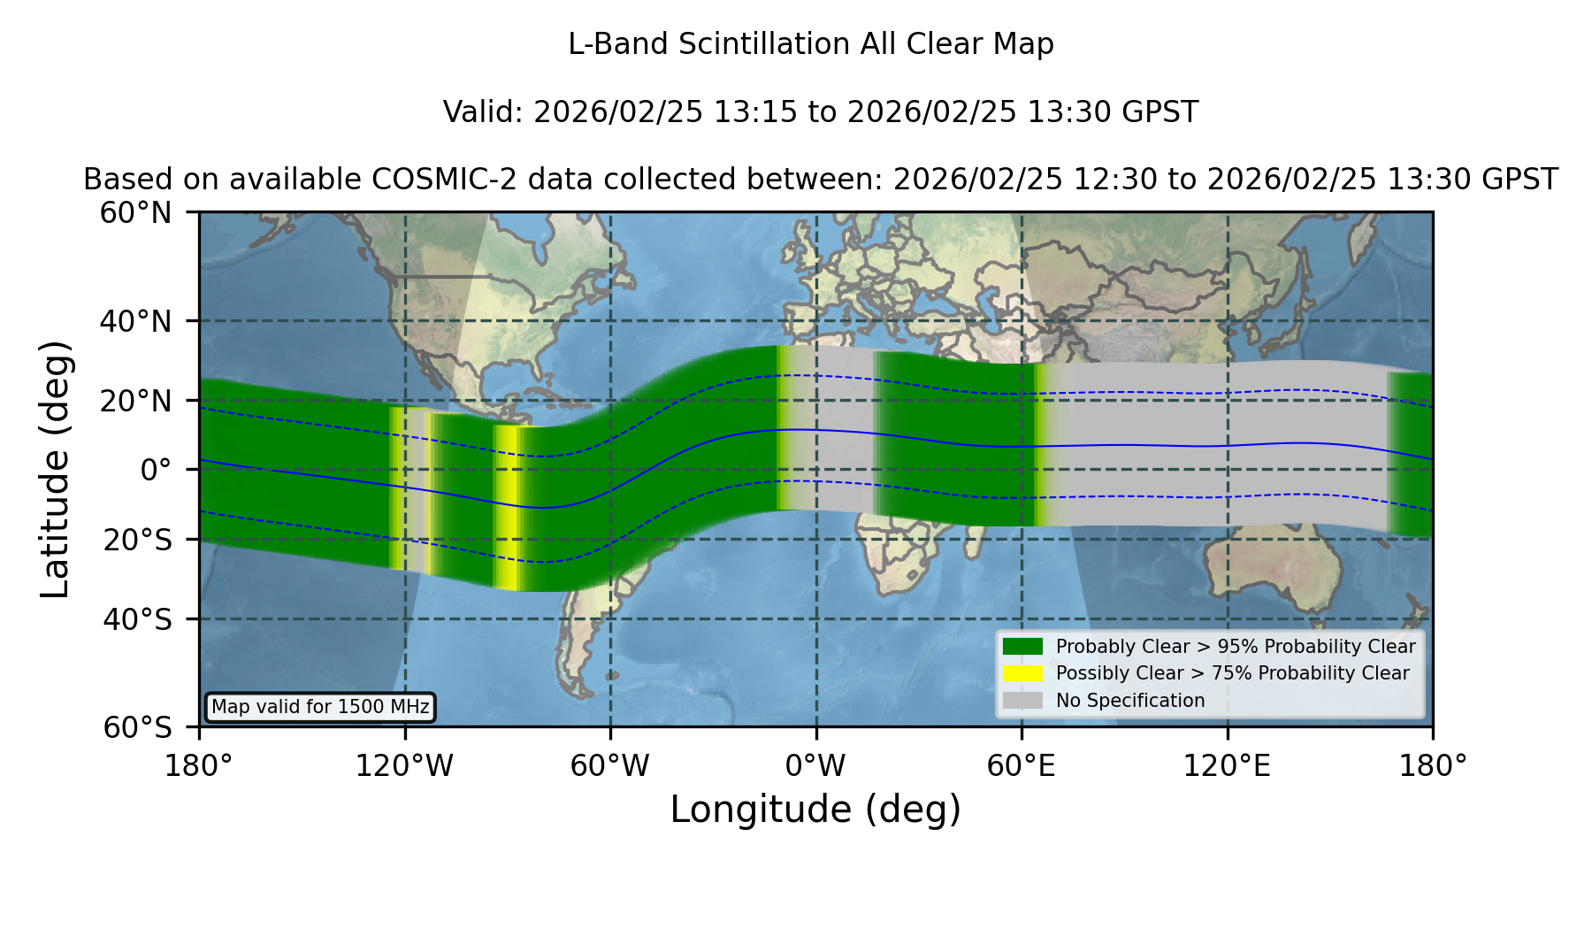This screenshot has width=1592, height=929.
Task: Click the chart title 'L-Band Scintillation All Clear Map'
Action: (x=810, y=44)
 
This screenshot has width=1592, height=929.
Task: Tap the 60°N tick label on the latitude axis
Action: (x=135, y=213)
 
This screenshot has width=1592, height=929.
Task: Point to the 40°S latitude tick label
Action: (x=137, y=619)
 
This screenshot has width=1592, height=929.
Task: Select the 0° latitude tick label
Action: (x=156, y=470)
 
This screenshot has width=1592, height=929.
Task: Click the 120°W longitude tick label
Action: (x=404, y=765)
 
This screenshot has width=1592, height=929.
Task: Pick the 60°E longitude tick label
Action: (x=1022, y=765)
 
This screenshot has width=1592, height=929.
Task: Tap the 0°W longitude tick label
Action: (x=816, y=765)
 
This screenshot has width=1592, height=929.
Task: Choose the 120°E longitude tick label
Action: (x=1227, y=765)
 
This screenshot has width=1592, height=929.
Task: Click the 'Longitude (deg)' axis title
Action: (x=815, y=810)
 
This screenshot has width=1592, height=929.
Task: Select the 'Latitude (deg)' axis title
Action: (x=55, y=469)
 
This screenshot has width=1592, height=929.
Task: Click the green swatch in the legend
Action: (x=1023, y=646)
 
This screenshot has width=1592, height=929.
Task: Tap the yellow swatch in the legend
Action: (x=1023, y=672)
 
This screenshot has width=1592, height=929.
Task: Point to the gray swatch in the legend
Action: (x=1023, y=700)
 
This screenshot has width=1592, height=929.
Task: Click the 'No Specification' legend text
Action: (x=1130, y=701)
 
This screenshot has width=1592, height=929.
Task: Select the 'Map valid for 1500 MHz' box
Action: (x=320, y=707)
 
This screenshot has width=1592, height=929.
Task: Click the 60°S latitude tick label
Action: (x=137, y=727)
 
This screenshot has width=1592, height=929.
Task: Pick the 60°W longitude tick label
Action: (x=609, y=765)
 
